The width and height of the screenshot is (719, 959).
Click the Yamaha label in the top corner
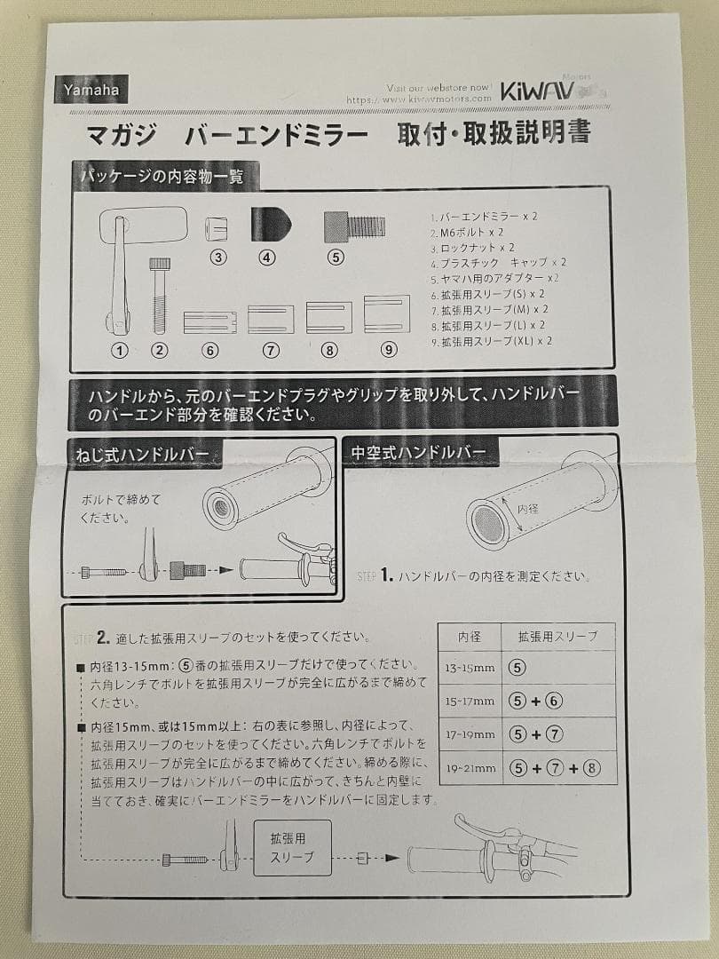tap(91, 89)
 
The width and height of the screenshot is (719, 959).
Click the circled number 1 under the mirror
tap(119, 349)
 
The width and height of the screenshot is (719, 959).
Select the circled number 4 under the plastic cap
tap(267, 258)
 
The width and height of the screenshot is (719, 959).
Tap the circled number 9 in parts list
tap(388, 349)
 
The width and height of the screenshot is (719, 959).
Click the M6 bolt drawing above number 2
tap(160, 294)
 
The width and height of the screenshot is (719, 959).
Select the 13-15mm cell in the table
tap(470, 666)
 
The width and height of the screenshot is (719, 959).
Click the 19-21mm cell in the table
tap(470, 768)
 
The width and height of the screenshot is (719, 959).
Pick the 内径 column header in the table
tap(470, 636)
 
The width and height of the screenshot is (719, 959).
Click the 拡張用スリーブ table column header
tap(557, 636)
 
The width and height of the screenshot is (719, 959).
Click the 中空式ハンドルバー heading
tap(418, 452)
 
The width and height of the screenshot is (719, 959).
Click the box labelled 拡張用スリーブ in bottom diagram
tap(292, 847)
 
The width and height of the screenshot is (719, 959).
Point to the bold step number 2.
tap(103, 638)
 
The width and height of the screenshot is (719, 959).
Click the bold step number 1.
tap(387, 576)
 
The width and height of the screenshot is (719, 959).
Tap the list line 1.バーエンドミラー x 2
tap(485, 216)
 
